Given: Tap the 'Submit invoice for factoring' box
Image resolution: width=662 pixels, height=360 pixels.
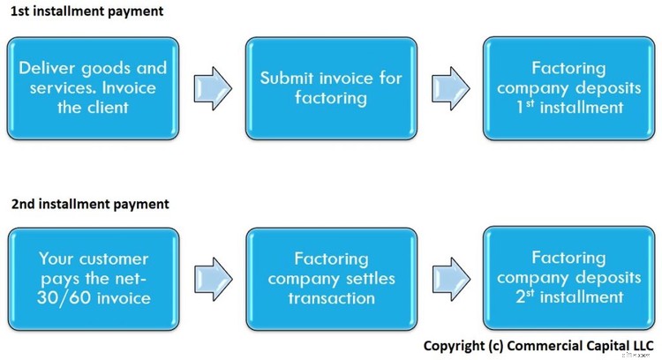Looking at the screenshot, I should (331, 87).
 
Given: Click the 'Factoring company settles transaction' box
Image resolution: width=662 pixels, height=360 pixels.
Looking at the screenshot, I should (331, 278).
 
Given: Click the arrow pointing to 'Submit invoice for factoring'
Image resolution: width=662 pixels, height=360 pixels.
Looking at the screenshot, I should (212, 87).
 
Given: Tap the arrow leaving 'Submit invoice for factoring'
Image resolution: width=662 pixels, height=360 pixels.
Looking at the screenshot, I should (449, 87).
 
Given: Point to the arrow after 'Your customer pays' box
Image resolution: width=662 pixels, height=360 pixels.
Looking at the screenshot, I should (212, 278).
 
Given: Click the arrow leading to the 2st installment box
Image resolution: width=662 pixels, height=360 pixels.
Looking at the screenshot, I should (449, 278).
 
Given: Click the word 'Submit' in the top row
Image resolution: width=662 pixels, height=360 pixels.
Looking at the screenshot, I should (286, 78).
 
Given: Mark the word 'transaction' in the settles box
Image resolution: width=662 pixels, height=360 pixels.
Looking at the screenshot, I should (331, 297).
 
